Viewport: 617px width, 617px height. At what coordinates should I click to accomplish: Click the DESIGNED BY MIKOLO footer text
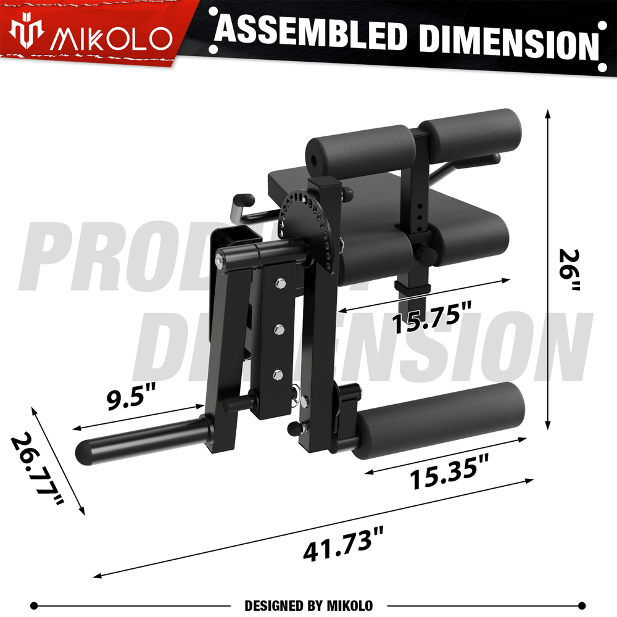click(x=308, y=605)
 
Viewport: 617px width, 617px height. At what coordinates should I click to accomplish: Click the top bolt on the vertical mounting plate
click(x=280, y=284)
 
